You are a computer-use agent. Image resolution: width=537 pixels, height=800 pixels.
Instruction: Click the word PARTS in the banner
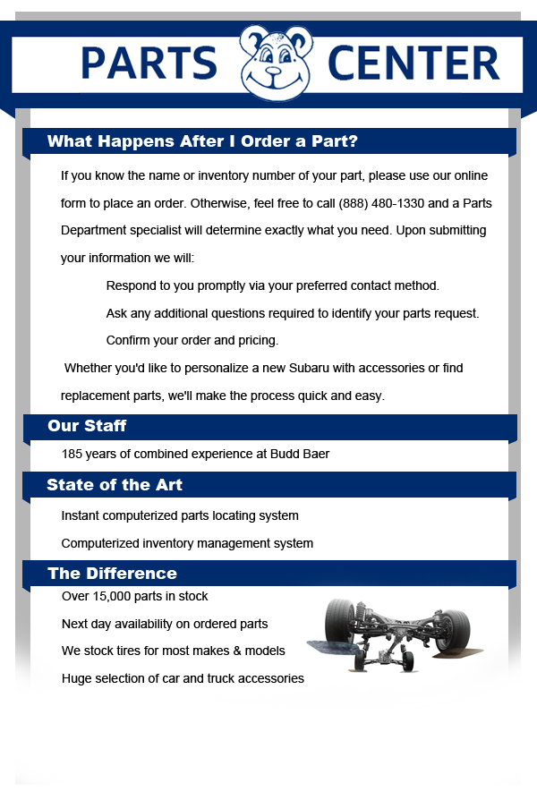(149, 63)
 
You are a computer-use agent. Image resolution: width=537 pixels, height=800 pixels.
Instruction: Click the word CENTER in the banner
(413, 63)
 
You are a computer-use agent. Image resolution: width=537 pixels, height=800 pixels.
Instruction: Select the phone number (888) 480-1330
(381, 203)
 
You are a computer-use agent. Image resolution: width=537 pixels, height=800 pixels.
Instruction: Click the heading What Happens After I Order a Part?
(202, 140)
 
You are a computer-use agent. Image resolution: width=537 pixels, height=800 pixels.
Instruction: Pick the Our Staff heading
(87, 426)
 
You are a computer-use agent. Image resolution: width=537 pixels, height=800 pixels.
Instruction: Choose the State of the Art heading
(115, 485)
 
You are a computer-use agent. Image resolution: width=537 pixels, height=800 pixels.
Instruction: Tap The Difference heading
(112, 573)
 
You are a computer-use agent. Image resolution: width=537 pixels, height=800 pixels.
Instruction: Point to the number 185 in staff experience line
(72, 454)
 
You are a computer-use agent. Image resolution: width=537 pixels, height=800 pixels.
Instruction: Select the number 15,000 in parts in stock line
(112, 596)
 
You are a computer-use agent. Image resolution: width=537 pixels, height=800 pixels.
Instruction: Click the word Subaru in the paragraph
(309, 368)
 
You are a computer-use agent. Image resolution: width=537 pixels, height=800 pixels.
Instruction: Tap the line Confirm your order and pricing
(192, 340)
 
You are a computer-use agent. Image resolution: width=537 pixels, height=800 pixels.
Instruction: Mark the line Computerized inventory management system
(187, 543)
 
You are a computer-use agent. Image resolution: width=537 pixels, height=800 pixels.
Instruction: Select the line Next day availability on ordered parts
(165, 624)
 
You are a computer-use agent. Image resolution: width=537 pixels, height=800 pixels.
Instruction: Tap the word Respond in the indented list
(125, 285)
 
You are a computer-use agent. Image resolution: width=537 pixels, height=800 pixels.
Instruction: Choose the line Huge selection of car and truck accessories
(183, 678)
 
